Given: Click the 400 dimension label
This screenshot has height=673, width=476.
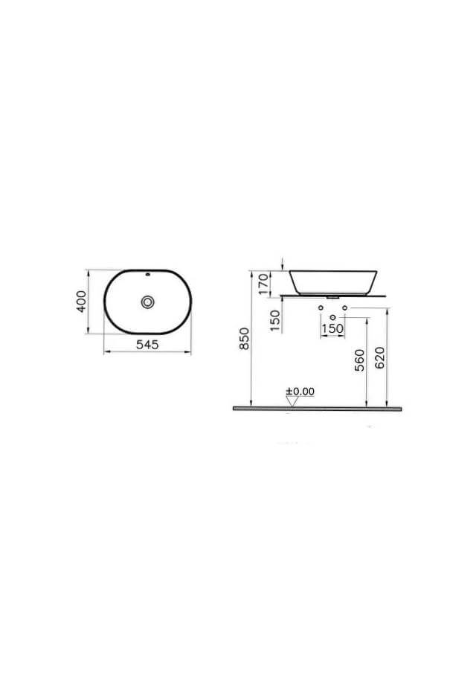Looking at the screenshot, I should click(x=83, y=301).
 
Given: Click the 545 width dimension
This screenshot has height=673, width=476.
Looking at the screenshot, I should click(x=147, y=345).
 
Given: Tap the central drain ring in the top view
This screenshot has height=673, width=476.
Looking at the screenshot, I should click(x=148, y=302).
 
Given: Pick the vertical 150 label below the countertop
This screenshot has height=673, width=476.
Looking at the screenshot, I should click(x=274, y=320).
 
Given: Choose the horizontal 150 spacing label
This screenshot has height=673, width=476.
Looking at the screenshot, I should click(x=332, y=328).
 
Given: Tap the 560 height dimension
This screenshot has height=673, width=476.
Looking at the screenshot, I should click(x=359, y=362).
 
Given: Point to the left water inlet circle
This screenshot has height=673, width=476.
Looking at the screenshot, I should click(x=320, y=308).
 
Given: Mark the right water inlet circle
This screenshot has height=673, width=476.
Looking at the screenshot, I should click(x=345, y=308).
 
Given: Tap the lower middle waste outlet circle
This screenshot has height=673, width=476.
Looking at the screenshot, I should click(x=332, y=318).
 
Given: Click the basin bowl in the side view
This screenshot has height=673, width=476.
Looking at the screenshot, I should click(x=336, y=281).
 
